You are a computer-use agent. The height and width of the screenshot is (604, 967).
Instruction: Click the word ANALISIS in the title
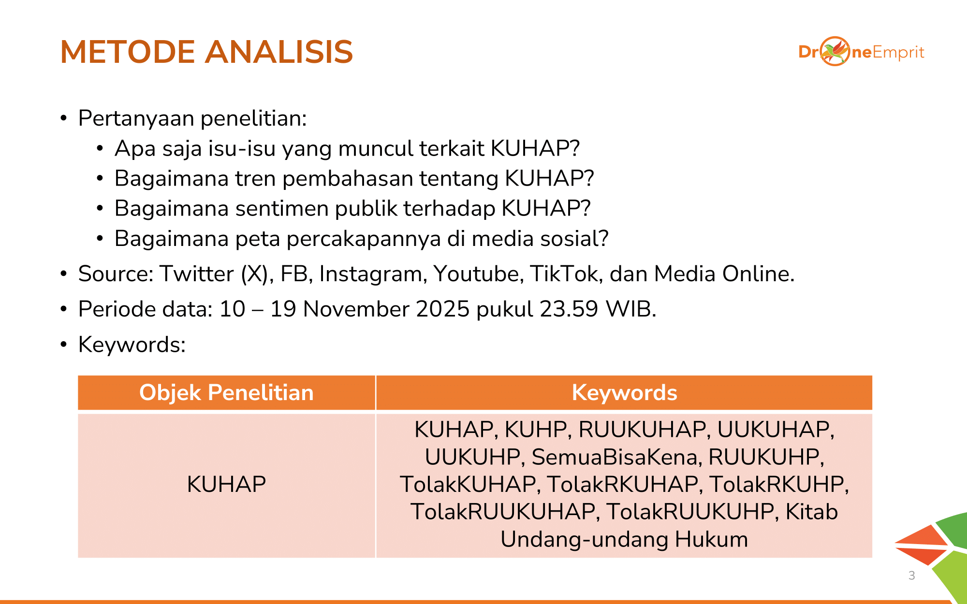pos(279,52)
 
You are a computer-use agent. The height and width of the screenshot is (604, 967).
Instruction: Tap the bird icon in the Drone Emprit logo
pos(835,51)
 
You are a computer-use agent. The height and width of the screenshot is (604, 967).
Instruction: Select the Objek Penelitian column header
pos(226,392)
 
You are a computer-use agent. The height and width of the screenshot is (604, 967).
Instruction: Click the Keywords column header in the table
pos(624,392)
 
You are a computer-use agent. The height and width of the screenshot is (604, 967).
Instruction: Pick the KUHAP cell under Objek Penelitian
pos(226,484)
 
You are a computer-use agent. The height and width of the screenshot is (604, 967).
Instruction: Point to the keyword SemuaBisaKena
pos(616,457)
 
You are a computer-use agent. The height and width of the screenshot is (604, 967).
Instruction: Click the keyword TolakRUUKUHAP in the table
pos(505,512)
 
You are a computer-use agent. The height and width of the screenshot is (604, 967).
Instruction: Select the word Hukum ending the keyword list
pos(711,539)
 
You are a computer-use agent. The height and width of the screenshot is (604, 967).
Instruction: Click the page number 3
pos(912,575)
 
